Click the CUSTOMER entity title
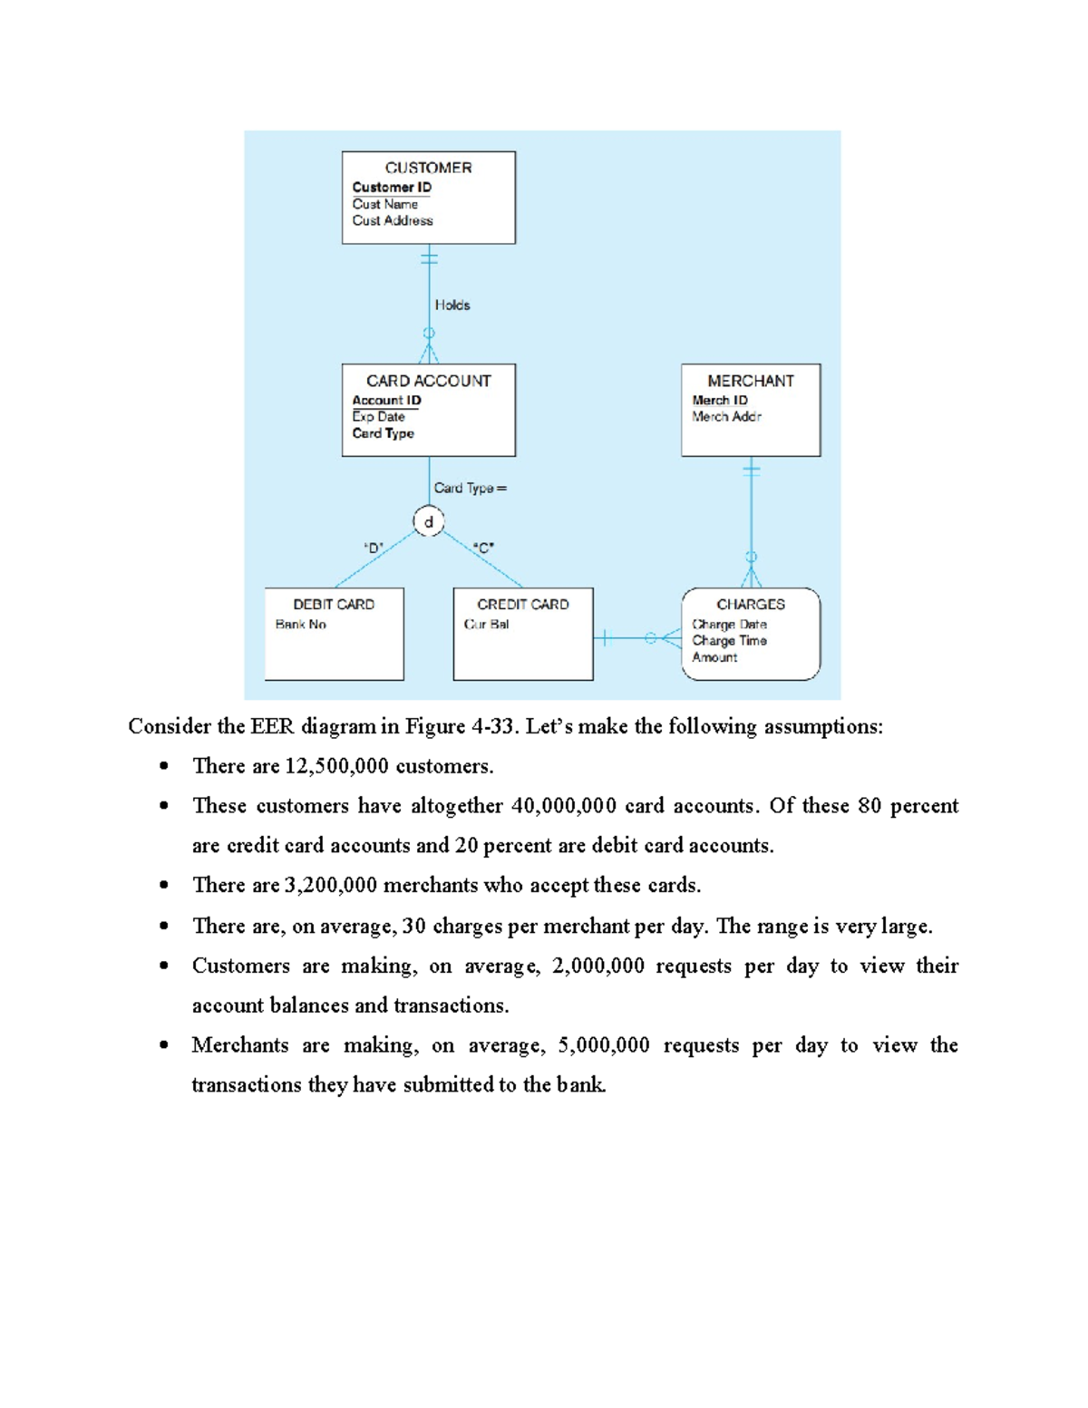point(428,168)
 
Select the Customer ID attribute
point(392,188)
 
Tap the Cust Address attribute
point(393,220)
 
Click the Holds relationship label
point(452,306)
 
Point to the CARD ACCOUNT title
point(428,381)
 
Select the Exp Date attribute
point(378,417)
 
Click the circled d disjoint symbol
point(429,522)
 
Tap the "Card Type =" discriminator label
point(470,488)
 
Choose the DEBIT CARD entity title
point(334,604)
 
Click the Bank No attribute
point(300,625)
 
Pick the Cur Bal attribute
point(486,625)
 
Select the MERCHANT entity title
point(750,381)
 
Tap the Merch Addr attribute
point(726,417)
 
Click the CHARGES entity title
point(750,604)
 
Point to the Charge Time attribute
point(729,641)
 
